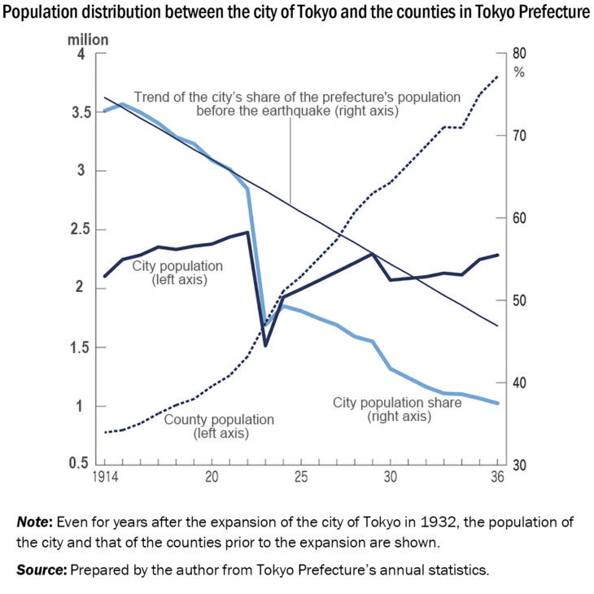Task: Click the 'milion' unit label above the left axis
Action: (x=88, y=38)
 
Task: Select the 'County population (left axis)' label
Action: (x=220, y=426)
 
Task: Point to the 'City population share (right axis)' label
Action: (x=398, y=409)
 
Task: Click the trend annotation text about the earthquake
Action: (x=297, y=103)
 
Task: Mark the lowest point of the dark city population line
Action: (x=265, y=345)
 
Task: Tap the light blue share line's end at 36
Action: (x=497, y=403)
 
